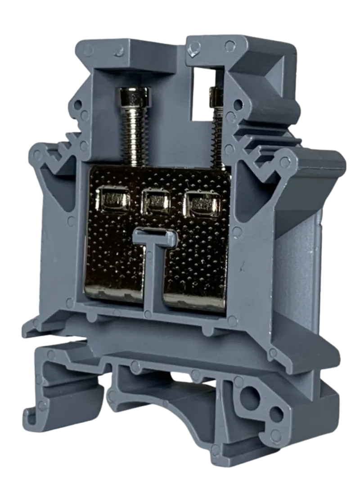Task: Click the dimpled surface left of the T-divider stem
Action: pyautogui.click(x=112, y=252)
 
